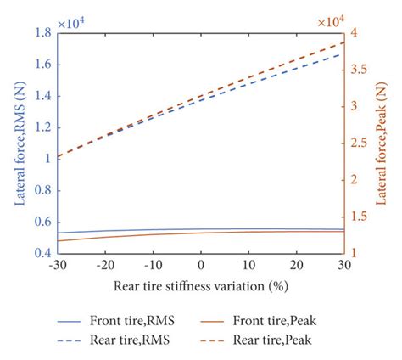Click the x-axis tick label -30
point(58,265)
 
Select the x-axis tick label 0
point(201,265)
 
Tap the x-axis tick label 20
point(296,265)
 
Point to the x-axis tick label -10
point(153,265)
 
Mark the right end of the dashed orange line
point(344,42)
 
